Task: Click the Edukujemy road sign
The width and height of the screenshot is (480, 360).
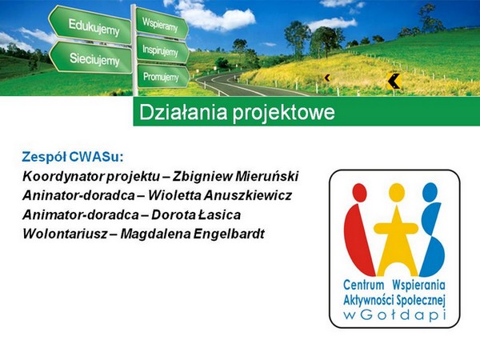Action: click(x=90, y=26)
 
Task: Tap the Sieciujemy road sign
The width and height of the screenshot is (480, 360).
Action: click(x=91, y=58)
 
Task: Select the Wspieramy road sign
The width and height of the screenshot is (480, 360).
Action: click(x=162, y=23)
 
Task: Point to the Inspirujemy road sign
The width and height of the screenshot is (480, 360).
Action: click(x=162, y=50)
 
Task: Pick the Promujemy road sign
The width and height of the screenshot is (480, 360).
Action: click(x=163, y=76)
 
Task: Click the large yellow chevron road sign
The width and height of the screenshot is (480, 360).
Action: click(x=394, y=82)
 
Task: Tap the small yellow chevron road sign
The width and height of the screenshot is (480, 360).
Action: click(x=327, y=78)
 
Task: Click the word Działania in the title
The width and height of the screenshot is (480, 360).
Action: click(x=183, y=112)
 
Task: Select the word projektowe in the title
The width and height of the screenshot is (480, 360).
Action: click(x=283, y=113)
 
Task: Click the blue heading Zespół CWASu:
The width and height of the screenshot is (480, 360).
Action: click(x=73, y=157)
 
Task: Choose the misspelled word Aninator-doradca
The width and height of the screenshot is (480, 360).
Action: click(x=78, y=195)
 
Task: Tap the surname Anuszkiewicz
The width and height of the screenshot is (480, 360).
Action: click(x=247, y=195)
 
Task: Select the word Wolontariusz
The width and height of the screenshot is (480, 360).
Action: click(x=65, y=234)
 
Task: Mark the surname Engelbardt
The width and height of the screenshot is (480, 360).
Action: click(x=229, y=234)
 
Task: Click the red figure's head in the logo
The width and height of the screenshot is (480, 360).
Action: click(x=359, y=193)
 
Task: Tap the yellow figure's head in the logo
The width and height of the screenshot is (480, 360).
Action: click(x=397, y=193)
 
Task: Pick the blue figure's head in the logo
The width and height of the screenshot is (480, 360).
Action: click(x=430, y=193)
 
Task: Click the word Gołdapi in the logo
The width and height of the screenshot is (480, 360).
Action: click(x=402, y=315)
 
